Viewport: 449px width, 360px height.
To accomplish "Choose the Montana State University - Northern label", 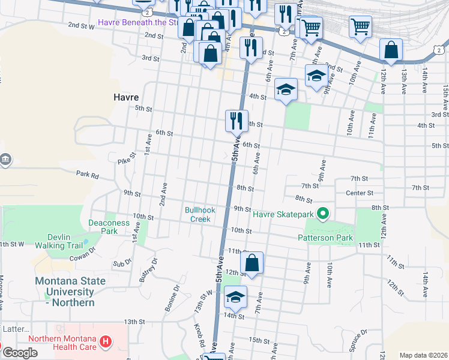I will [x=70, y=292].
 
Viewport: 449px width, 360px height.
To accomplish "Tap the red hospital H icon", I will [x=106, y=342].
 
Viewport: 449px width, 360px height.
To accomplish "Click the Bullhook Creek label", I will [x=197, y=214].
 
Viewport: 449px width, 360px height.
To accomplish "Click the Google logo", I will [x=20, y=353].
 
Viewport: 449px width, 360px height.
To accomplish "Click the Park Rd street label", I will [x=87, y=175].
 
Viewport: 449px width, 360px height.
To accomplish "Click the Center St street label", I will [x=360, y=193].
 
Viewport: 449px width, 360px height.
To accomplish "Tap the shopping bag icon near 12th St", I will [x=252, y=263].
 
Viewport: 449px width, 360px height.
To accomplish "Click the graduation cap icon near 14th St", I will [x=235, y=297].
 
